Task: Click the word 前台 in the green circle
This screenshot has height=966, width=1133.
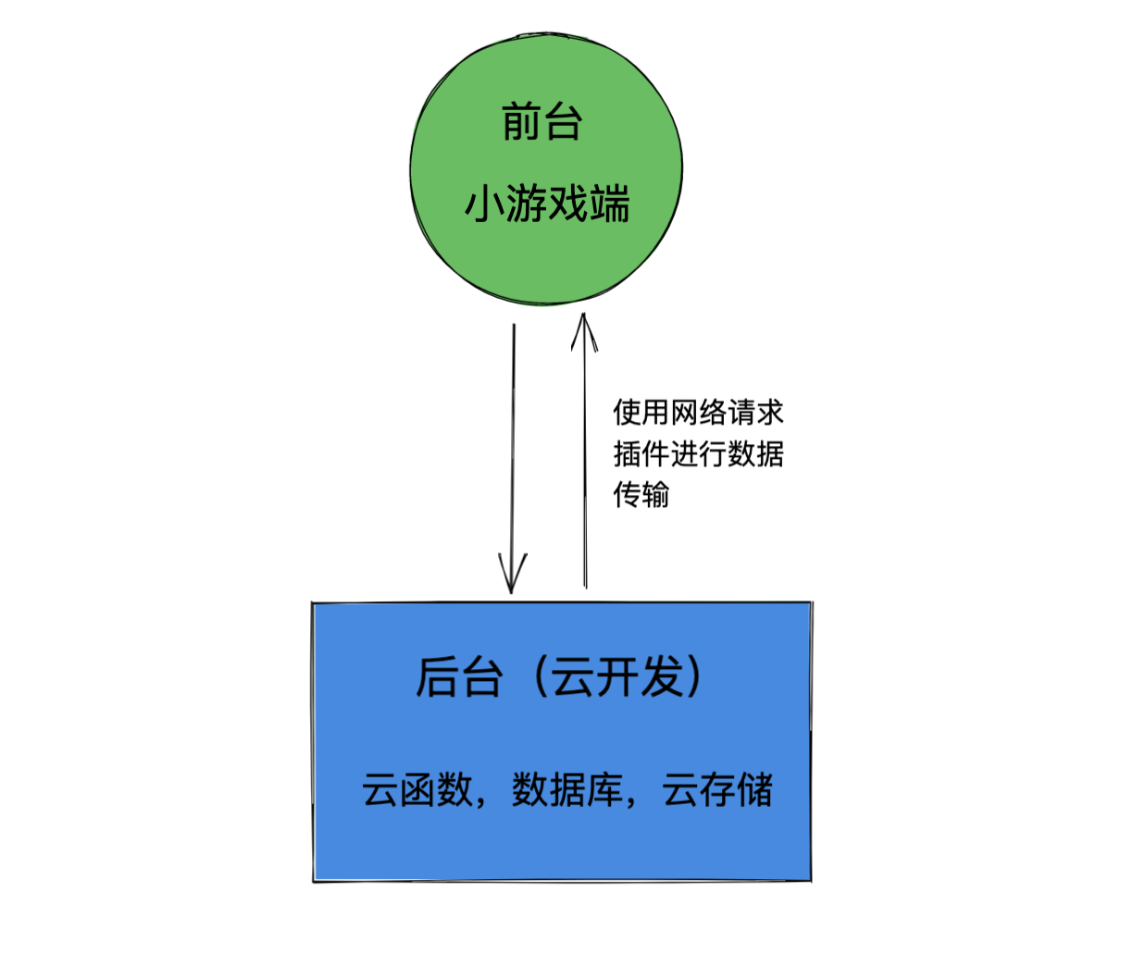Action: [542, 122]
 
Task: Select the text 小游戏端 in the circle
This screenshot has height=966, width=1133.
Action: [547, 204]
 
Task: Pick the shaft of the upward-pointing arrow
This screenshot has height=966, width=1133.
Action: [584, 463]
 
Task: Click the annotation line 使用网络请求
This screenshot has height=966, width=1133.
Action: [698, 412]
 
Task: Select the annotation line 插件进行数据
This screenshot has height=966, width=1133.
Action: [698, 453]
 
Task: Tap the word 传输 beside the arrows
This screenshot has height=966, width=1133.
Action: [641, 494]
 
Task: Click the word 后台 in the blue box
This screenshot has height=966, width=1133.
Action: [459, 677]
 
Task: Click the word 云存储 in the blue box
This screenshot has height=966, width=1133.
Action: [717, 790]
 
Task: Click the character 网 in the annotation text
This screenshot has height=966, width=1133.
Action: [684, 412]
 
